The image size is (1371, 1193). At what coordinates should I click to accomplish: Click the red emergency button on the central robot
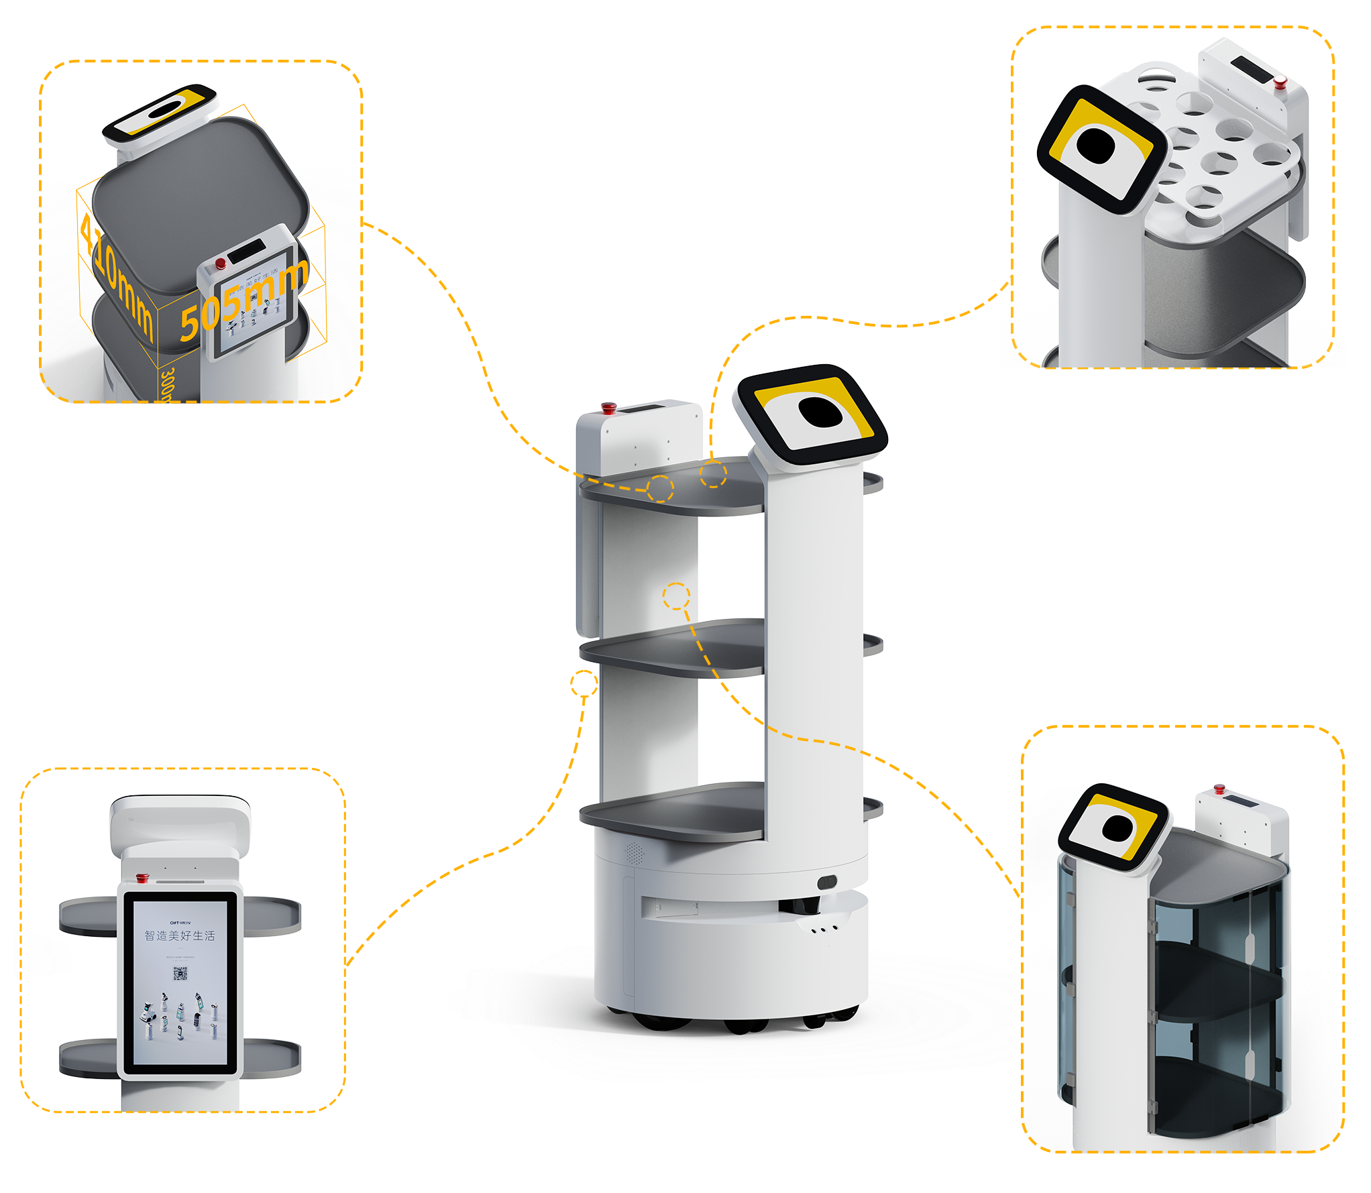click(608, 407)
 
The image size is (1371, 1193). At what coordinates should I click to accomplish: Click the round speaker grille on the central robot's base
click(634, 853)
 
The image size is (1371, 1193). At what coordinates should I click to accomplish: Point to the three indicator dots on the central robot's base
click(824, 929)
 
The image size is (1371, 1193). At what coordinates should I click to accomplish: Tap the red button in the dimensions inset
click(220, 264)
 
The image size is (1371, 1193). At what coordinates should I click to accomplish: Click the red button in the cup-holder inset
click(1280, 83)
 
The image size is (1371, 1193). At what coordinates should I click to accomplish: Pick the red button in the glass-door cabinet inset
click(1219, 789)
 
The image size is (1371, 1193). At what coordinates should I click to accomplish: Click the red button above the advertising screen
click(142, 877)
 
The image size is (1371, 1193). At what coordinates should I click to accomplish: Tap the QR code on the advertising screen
click(180, 974)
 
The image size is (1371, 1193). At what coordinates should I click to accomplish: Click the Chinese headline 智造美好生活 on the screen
click(180, 935)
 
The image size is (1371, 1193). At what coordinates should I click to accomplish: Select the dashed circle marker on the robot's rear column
click(676, 595)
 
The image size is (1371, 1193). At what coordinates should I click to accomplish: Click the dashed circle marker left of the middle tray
click(584, 684)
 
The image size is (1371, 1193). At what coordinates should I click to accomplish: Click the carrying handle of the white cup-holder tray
click(1155, 69)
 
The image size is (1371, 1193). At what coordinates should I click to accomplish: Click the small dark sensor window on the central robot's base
click(827, 881)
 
